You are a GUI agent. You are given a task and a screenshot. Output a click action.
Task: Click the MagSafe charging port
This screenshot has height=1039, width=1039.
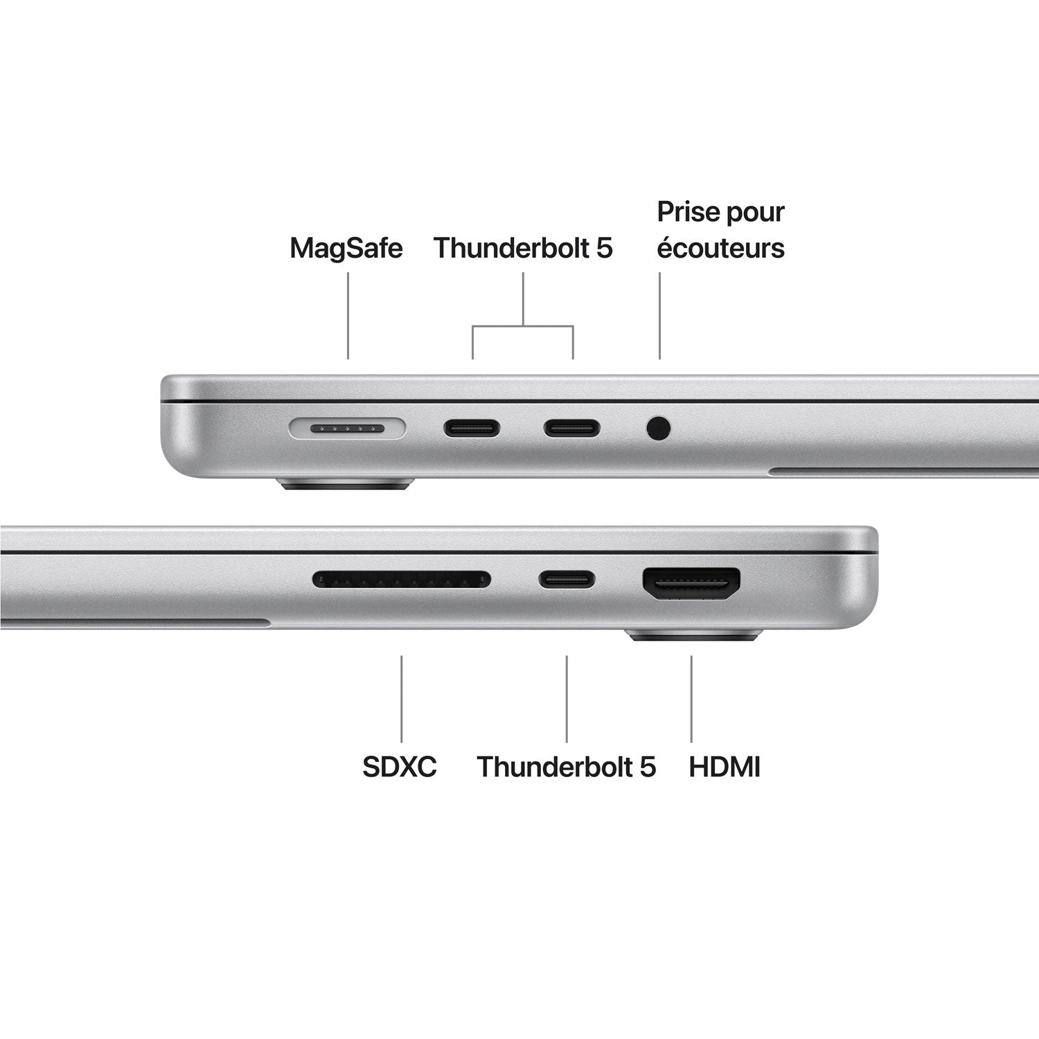pyautogui.click(x=346, y=429)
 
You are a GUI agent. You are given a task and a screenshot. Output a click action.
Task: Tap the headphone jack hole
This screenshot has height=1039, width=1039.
pyautogui.click(x=659, y=428)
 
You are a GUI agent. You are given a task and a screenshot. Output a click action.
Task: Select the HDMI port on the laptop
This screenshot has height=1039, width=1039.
pyautogui.click(x=691, y=584)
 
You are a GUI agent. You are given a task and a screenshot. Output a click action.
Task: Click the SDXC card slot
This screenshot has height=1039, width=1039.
pyautogui.click(x=402, y=579)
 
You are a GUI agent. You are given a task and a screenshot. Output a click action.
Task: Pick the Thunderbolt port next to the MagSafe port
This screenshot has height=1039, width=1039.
pyautogui.click(x=472, y=429)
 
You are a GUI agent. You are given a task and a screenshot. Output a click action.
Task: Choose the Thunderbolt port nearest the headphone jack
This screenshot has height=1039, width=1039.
pyautogui.click(x=571, y=429)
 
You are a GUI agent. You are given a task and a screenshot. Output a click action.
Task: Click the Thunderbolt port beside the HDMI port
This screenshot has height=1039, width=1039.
pyautogui.click(x=567, y=579)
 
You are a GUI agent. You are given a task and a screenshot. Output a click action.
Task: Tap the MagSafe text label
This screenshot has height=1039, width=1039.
pyautogui.click(x=346, y=248)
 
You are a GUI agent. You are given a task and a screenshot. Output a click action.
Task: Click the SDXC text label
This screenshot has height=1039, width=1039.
pyautogui.click(x=400, y=767)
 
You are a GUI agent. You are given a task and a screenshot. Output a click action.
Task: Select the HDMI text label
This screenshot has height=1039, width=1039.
pyautogui.click(x=725, y=767)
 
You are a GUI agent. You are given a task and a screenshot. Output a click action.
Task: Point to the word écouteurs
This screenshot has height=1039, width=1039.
pyautogui.click(x=720, y=248)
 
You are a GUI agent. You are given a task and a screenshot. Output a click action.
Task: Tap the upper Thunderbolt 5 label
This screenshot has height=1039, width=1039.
pyautogui.click(x=523, y=248)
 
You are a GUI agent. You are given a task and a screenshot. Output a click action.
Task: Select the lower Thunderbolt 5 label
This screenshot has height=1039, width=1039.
pyautogui.click(x=566, y=767)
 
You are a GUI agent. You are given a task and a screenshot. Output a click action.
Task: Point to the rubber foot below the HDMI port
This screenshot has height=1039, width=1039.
pyautogui.click(x=693, y=634)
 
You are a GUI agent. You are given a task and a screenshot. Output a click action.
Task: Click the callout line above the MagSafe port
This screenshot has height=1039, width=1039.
pyautogui.click(x=348, y=315)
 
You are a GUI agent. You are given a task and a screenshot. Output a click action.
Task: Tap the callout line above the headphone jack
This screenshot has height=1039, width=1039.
pyautogui.click(x=659, y=315)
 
